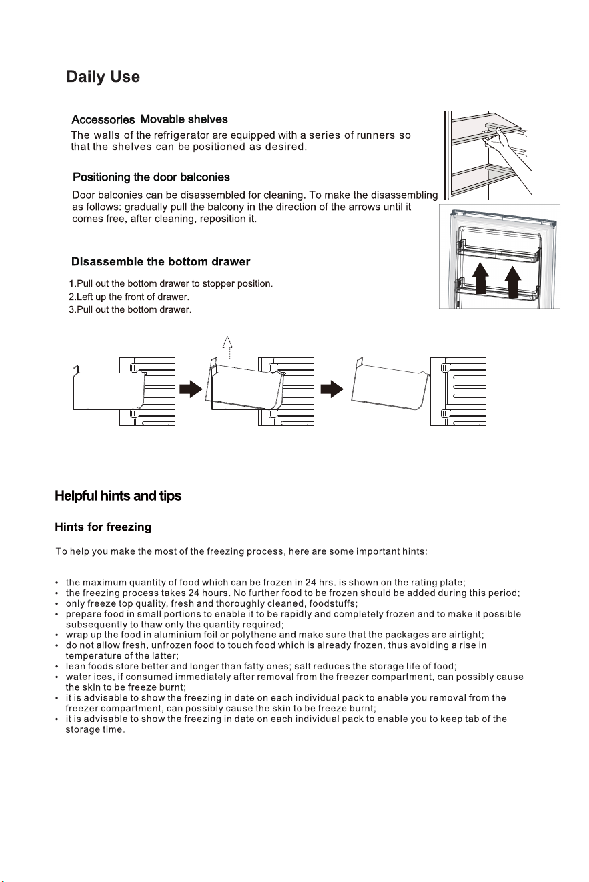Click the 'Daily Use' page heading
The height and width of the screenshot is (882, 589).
tap(103, 77)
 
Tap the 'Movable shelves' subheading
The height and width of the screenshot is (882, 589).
tap(184, 119)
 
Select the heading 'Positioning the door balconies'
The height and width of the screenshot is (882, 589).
tap(151, 177)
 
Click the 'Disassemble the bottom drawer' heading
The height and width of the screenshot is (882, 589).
tap(161, 261)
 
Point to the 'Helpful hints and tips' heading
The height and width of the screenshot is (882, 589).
tap(118, 496)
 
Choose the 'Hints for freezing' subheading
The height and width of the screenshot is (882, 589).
tap(103, 527)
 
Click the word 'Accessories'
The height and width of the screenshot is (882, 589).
tap(103, 120)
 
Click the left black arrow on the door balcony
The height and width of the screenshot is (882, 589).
tap(480, 279)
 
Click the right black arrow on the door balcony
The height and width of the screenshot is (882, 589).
tap(512, 282)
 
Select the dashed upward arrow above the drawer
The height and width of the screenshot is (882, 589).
tap(227, 348)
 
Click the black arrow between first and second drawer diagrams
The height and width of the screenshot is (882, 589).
tap(191, 389)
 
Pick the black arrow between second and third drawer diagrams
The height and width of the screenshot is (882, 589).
tap(332, 389)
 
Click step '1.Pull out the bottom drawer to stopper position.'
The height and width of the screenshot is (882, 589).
tap(171, 283)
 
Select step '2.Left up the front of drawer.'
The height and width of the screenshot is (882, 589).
tap(129, 297)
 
